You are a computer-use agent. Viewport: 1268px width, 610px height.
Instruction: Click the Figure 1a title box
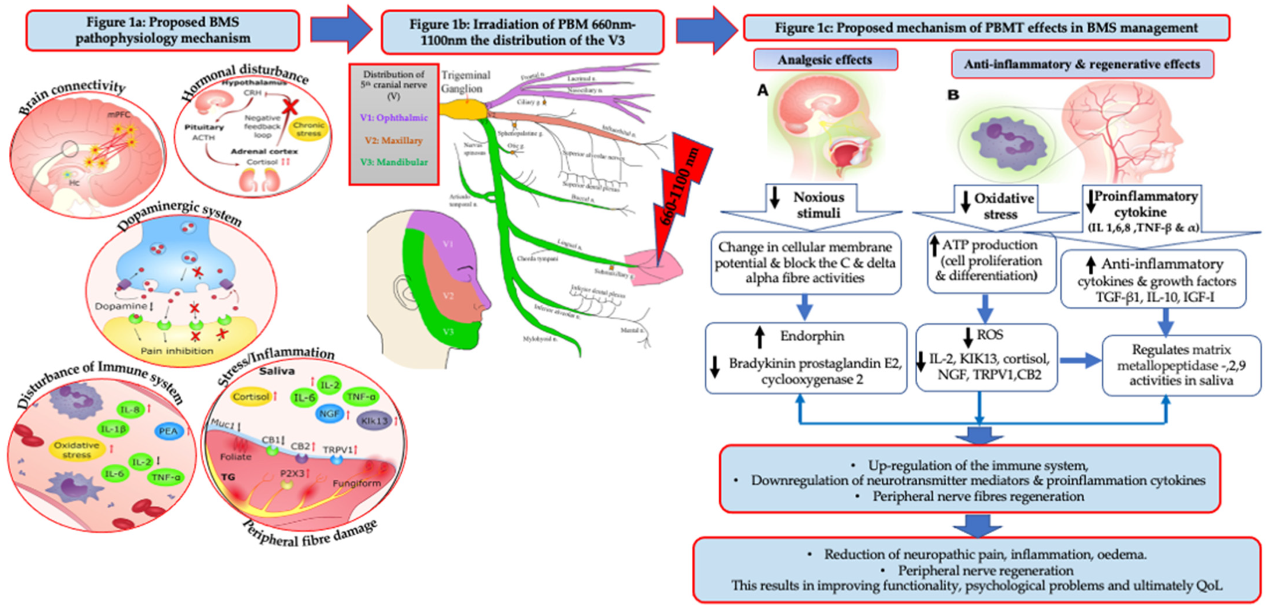pos(162,31)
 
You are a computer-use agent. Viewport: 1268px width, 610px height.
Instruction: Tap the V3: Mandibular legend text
pos(394,162)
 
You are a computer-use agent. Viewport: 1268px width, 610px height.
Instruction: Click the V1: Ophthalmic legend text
pos(394,118)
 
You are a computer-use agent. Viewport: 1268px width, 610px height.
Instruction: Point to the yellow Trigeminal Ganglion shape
pos(463,109)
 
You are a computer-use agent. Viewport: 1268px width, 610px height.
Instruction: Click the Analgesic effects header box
pos(825,60)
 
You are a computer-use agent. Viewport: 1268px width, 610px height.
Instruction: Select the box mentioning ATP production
pos(990,261)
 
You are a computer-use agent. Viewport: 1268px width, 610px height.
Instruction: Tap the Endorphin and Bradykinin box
pos(806,358)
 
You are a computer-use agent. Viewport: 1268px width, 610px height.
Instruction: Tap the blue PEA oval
pos(168,431)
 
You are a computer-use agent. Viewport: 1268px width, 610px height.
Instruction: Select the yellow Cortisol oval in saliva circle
pos(251,396)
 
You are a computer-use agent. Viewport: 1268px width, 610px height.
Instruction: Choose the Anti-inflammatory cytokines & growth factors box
pos(1153,280)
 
